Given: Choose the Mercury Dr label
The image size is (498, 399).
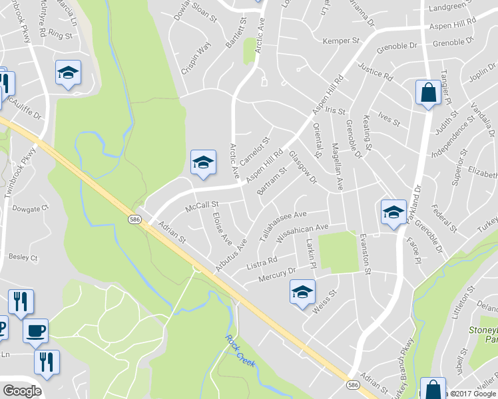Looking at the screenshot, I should tap(276, 273).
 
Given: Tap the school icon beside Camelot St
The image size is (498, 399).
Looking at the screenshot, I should tap(203, 162).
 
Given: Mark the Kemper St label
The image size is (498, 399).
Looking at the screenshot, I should tap(341, 41).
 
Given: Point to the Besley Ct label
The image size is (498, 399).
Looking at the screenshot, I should tap(23, 257).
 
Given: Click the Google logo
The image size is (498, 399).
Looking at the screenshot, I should tap(22, 391).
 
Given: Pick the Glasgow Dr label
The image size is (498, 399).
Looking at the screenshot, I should tap(303, 166).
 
